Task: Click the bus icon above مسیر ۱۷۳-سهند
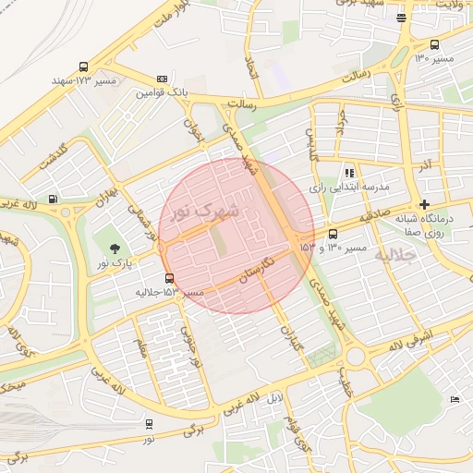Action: click(x=84, y=67)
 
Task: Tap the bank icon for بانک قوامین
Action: click(x=163, y=79)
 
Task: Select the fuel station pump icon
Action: click(x=53, y=198)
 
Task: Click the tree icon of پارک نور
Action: click(x=115, y=249)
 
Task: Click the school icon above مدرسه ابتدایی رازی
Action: click(x=349, y=172)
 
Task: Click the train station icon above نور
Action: click(x=150, y=424)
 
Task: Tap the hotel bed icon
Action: click(x=454, y=398)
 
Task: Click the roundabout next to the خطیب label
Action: click(x=357, y=357)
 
